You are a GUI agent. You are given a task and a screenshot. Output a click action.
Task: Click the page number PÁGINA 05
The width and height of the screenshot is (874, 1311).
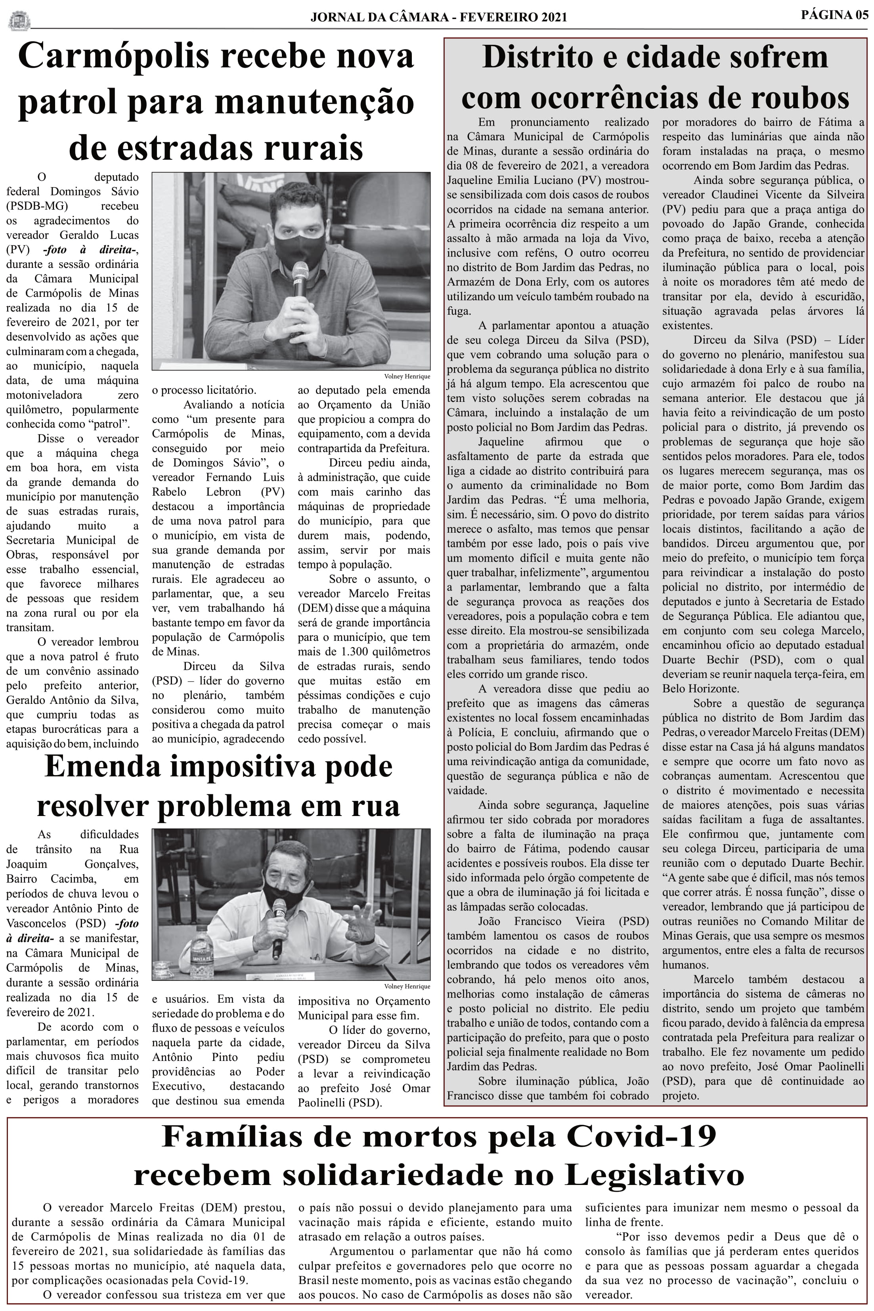coord(834,15)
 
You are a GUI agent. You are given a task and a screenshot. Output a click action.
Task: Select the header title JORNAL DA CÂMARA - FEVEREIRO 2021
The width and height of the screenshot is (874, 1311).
coord(439,17)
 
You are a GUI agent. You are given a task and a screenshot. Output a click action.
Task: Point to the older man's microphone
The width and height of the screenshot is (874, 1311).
coord(277,922)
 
